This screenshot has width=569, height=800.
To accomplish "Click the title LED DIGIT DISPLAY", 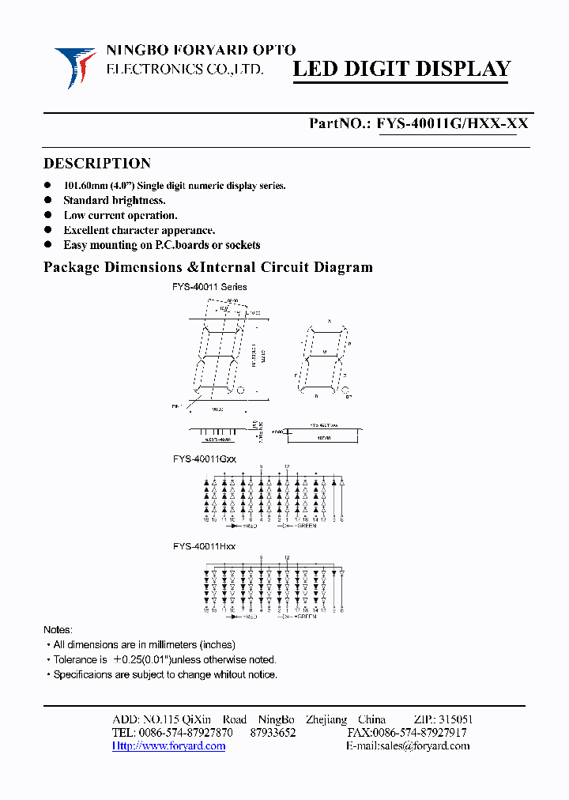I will click(402, 70).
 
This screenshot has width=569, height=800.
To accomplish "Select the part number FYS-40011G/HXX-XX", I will click(452, 123).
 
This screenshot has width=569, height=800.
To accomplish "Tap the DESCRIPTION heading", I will click(96, 164).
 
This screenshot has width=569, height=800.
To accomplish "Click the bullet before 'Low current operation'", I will click(47, 215).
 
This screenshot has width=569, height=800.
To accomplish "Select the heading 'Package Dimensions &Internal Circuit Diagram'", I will click(208, 267).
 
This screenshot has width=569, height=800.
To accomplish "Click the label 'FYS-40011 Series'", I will click(209, 287).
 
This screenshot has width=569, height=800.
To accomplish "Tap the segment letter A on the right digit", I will click(329, 322).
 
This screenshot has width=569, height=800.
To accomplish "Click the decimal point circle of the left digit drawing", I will click(241, 391).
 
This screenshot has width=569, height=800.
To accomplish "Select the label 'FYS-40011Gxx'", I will click(205, 458).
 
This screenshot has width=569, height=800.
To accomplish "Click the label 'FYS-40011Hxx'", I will click(204, 546).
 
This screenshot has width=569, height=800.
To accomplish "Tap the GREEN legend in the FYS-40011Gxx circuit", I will click(306, 525).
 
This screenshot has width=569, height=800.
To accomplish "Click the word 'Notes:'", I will click(58, 630).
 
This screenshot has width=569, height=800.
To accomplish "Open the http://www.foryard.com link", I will click(169, 745).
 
